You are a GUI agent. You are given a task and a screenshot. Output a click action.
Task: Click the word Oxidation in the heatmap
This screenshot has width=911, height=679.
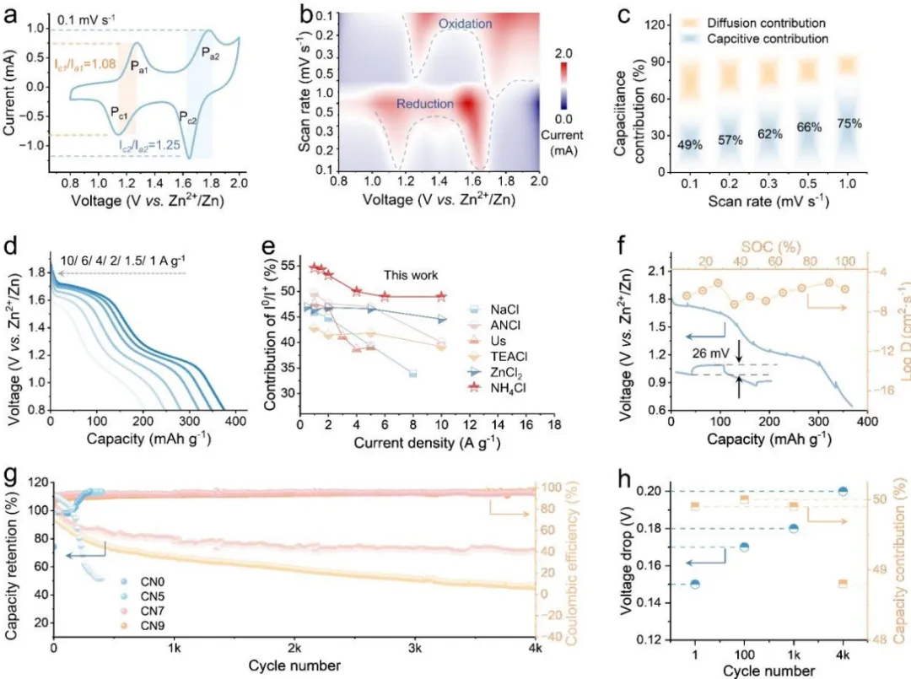(x=464, y=24)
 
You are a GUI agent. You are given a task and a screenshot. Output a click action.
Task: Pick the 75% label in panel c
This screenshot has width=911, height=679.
(x=849, y=123)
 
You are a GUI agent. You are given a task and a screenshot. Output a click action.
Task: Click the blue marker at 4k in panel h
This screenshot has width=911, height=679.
(x=843, y=491)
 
